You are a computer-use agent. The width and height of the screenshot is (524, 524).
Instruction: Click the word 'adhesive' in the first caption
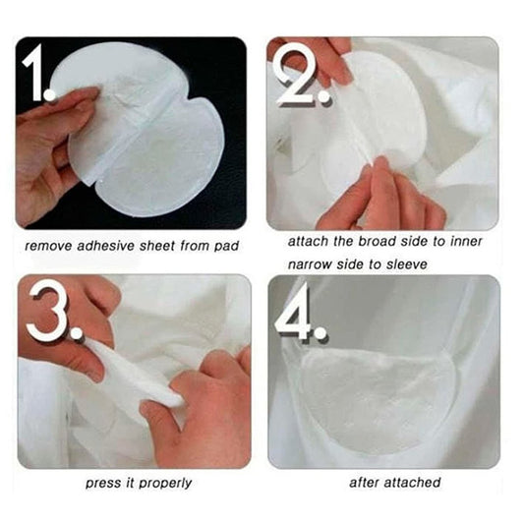click(106, 246)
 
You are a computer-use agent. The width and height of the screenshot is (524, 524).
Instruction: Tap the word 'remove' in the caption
click(48, 247)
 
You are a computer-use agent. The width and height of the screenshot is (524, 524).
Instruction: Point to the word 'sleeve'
click(406, 264)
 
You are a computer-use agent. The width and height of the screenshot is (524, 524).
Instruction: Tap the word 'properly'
click(165, 484)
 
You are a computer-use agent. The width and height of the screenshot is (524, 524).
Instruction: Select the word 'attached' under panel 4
click(412, 483)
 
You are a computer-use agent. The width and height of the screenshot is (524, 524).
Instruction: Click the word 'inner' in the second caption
click(466, 241)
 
